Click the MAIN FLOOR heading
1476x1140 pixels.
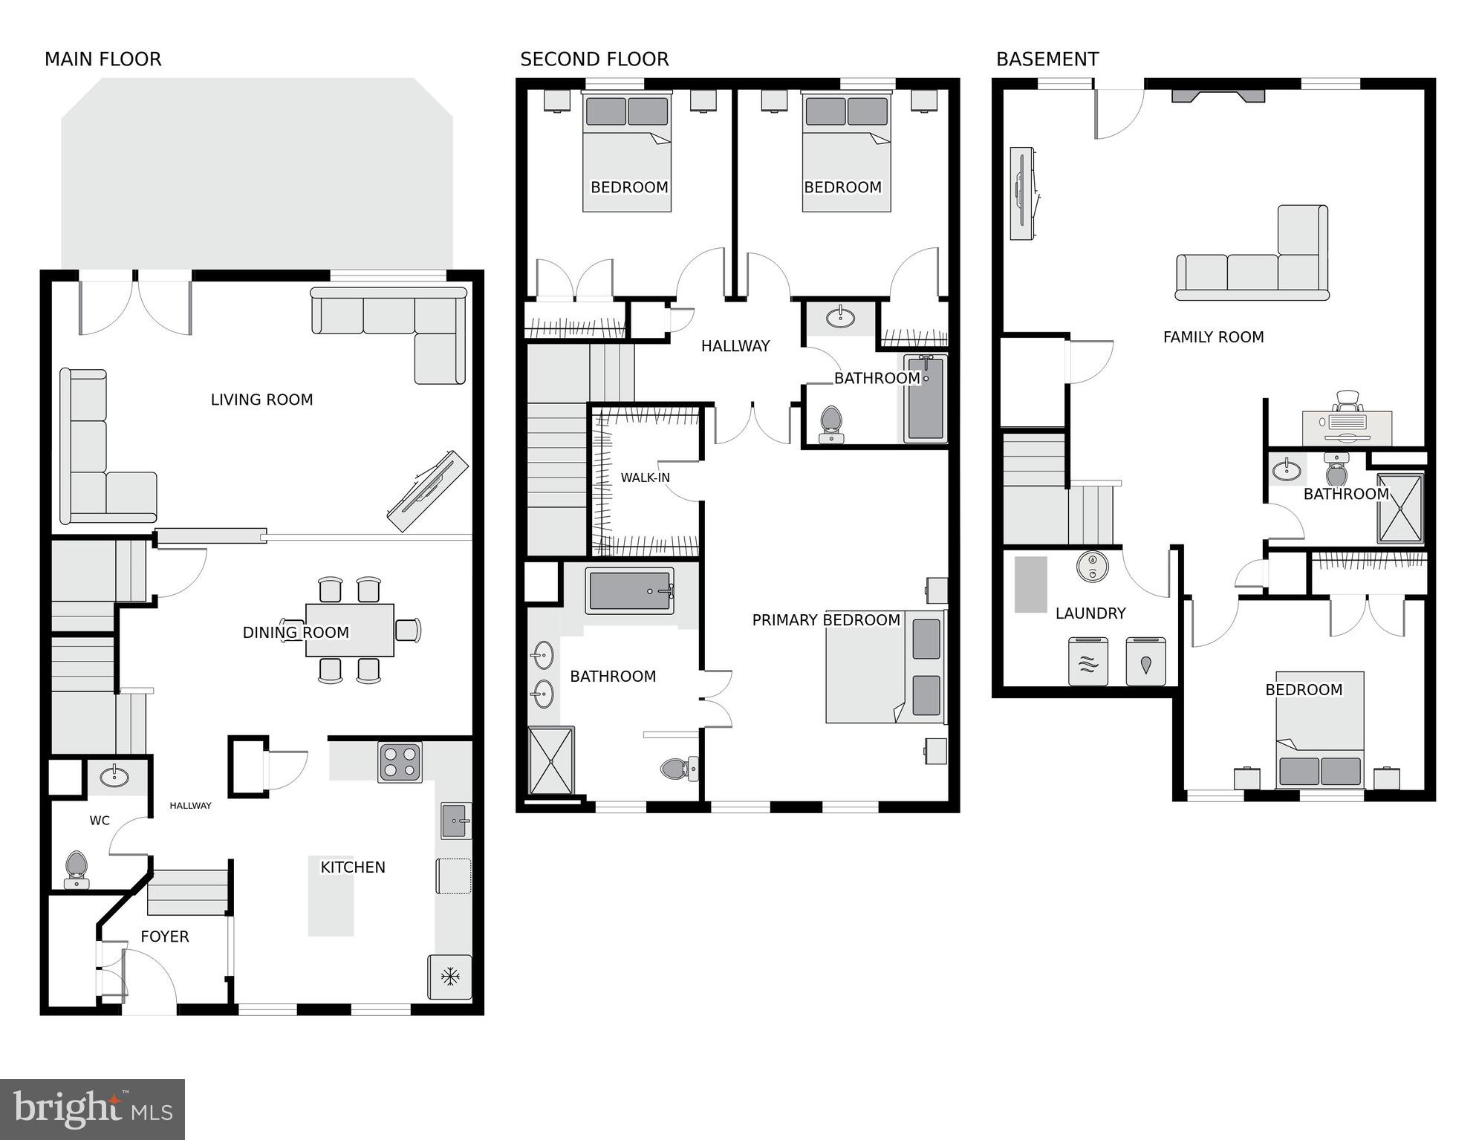click(x=103, y=59)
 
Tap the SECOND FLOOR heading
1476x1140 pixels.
click(x=594, y=59)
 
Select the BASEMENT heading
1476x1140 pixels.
click(x=1047, y=59)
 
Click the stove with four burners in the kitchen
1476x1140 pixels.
click(x=400, y=761)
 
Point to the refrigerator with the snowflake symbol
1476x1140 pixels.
click(x=449, y=977)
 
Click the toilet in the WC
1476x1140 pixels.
click(x=77, y=867)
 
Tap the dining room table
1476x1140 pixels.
click(x=350, y=630)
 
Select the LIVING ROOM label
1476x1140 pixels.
click(x=261, y=400)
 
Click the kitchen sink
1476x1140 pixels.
click(x=455, y=821)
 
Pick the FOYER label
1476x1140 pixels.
click(x=165, y=937)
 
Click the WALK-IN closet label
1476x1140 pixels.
click(x=645, y=478)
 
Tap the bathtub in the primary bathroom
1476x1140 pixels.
click(x=629, y=591)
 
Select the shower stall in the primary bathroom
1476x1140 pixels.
click(x=550, y=760)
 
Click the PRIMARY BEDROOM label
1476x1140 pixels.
click(x=825, y=620)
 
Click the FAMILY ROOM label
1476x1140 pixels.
click(x=1213, y=337)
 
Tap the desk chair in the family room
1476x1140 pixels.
click(x=1347, y=400)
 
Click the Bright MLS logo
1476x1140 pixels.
click(x=92, y=1110)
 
